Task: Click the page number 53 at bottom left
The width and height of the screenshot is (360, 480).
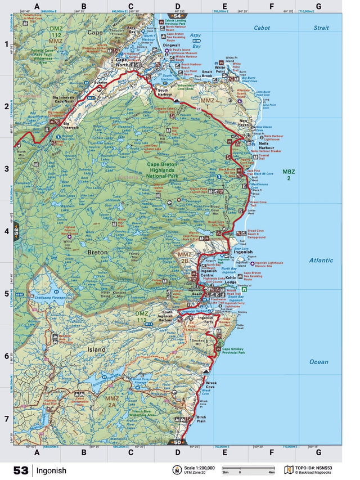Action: [x=21, y=470]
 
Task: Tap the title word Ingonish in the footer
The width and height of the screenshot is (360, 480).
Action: [x=52, y=470]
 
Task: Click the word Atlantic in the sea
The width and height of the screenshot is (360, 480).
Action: [x=321, y=261]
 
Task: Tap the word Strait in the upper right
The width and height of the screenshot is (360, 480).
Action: [x=321, y=27]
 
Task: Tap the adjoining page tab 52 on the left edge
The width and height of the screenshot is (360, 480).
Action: [x=17, y=231]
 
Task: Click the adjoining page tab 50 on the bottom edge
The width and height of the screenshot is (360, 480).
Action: [x=178, y=442]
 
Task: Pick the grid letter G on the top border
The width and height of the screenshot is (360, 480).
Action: [x=318, y=7]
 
